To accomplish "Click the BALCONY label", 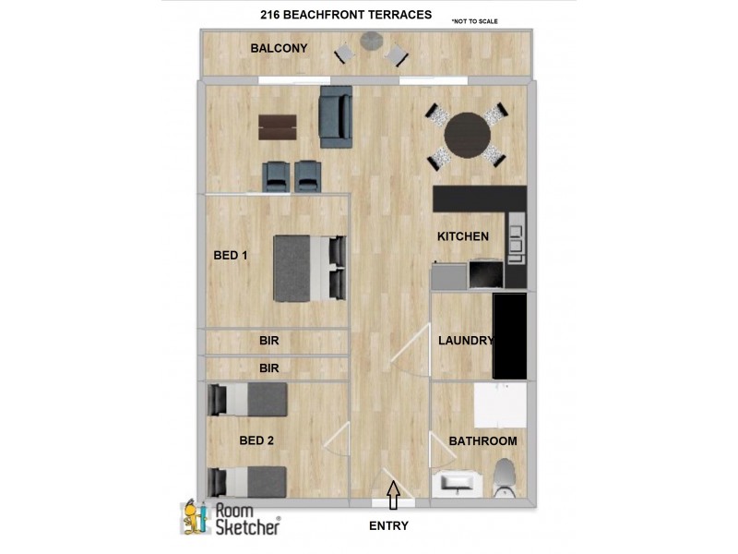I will click(279, 48).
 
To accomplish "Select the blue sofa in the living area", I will click(336, 117).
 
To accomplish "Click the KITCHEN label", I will click(463, 236).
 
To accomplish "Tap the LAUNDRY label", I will click(466, 341).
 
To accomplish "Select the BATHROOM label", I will click(482, 441).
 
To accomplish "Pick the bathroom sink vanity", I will click(458, 483).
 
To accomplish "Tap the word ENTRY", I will click(388, 526).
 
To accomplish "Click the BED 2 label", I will click(256, 440).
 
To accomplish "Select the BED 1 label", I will click(231, 255).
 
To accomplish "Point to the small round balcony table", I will click(372, 41).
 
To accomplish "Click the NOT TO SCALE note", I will click(474, 20).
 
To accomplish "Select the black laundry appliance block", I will click(509, 336).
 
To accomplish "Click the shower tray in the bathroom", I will click(500, 405).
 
